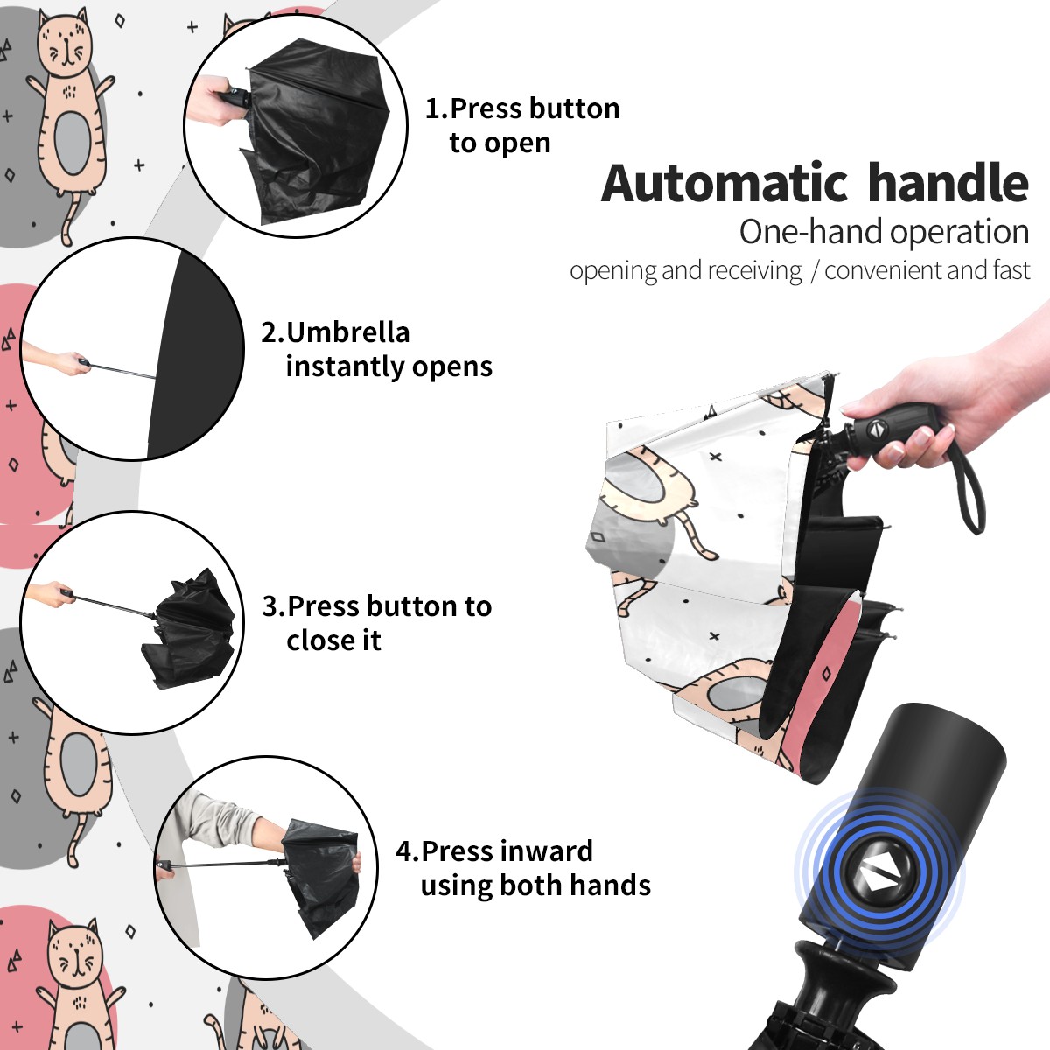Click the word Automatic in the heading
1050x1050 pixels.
(724, 184)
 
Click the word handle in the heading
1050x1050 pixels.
(948, 183)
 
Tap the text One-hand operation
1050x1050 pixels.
(884, 232)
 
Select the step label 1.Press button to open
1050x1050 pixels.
(522, 125)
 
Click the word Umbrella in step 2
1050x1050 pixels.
(347, 332)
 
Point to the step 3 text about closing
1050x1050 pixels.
(376, 623)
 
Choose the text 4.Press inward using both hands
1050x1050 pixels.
(523, 868)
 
